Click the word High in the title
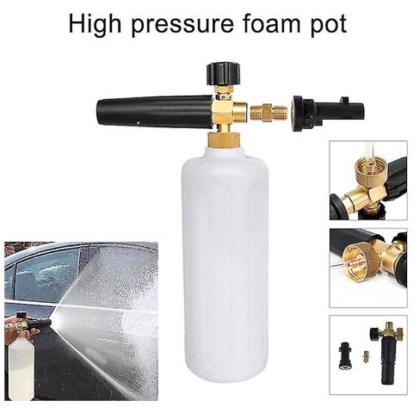pos(95,24)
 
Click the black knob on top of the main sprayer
pos(223,74)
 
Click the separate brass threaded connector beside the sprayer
pos(267,112)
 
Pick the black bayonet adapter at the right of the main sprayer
pos(327,113)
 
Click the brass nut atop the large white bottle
pos(224,140)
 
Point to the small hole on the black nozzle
pos(139,123)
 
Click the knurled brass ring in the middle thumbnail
pos(361,258)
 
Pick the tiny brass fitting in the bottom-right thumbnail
pos(366,355)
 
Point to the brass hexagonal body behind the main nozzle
pos(222,111)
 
